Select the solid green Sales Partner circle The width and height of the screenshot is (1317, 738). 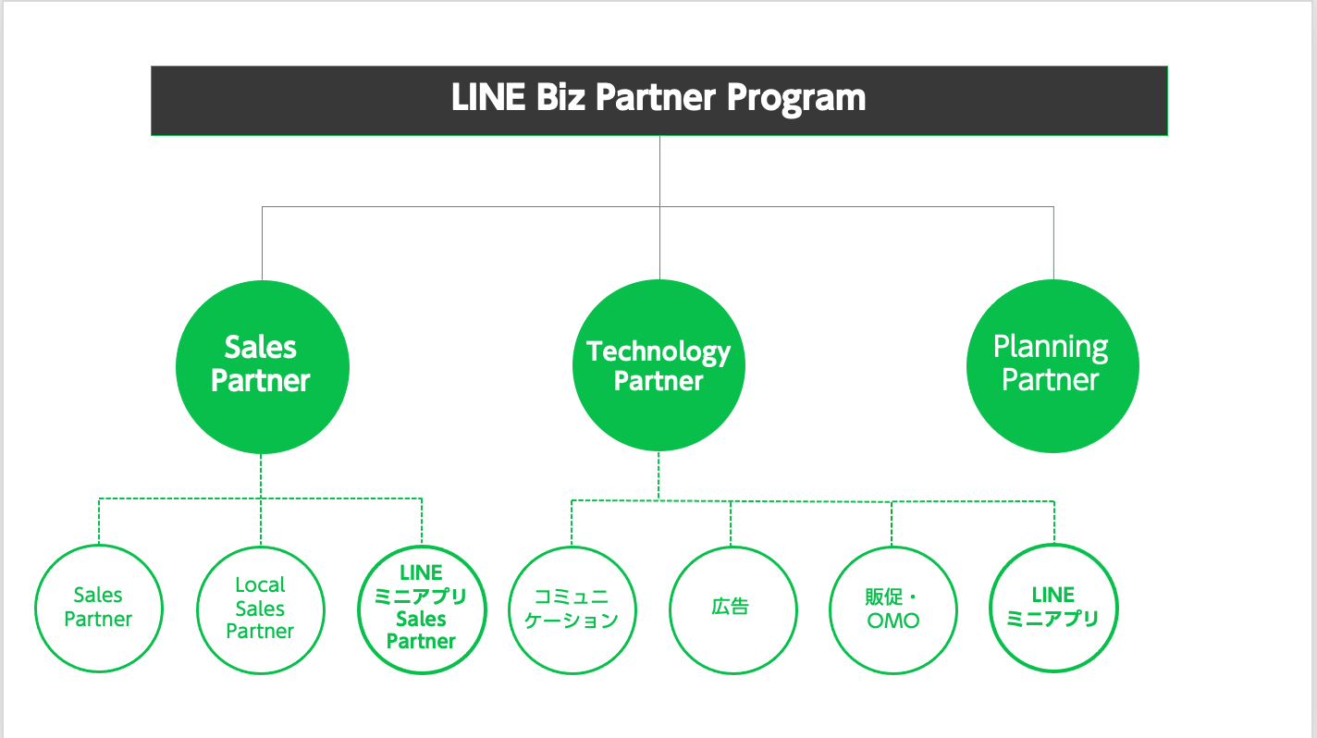tap(262, 366)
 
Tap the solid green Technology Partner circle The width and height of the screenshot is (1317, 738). tap(658, 366)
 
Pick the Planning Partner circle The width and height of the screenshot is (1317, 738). tap(1052, 366)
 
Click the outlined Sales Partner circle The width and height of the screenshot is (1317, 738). tap(98, 608)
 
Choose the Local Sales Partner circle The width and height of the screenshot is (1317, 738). tap(260, 609)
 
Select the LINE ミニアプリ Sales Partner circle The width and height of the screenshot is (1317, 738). tap(422, 608)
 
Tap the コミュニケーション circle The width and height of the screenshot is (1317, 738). tap(572, 609)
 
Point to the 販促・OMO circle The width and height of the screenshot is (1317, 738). tap(893, 609)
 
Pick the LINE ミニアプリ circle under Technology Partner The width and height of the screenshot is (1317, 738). tap(1053, 608)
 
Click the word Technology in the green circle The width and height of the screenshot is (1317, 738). tap(658, 351)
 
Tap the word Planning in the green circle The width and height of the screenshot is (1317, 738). tap(1051, 348)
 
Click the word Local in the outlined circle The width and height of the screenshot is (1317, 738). tap(260, 585)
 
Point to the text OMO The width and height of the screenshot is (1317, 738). tap(893, 621)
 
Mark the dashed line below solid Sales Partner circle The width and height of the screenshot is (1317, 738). tap(261, 476)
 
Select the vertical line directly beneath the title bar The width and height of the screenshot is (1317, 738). tap(659, 171)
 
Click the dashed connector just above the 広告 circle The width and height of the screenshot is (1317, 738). tap(731, 523)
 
